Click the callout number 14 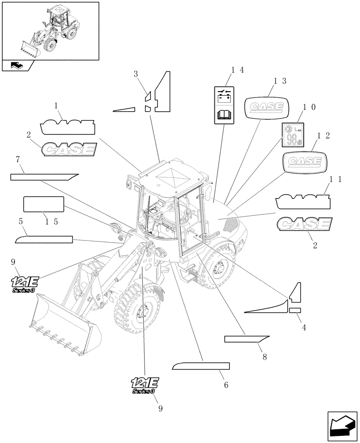point(238,70)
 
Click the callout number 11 point(335,179)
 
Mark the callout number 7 point(17,159)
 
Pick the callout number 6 point(226,385)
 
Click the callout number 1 point(56,106)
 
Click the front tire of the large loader point(137,310)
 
